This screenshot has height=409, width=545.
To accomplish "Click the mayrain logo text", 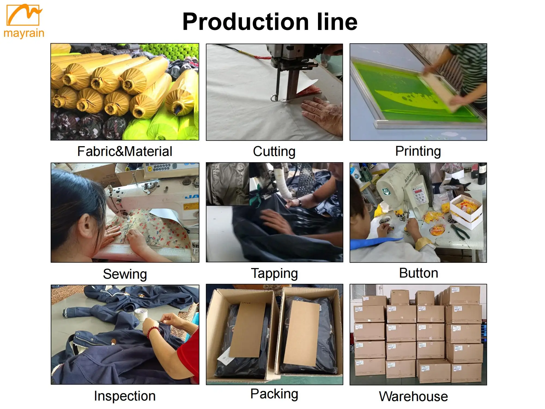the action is [x=24, y=33].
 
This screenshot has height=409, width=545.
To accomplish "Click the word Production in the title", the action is [x=245, y=22].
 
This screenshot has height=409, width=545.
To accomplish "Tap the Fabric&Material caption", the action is [x=125, y=151].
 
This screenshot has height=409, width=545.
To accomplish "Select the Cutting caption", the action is [x=274, y=152].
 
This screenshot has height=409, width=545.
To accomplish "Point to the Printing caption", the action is [x=418, y=151].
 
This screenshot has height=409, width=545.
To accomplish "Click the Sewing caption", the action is [x=125, y=274].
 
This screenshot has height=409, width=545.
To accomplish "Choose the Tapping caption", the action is [x=274, y=273].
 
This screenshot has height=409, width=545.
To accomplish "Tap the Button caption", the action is [x=419, y=273].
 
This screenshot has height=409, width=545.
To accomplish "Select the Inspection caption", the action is [x=125, y=396].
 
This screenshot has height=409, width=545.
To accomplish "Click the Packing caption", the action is [x=274, y=394].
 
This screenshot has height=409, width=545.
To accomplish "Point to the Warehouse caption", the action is [x=413, y=396].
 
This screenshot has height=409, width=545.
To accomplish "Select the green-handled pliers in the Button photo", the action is [x=461, y=232].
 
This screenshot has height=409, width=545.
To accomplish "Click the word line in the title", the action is [x=337, y=22].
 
